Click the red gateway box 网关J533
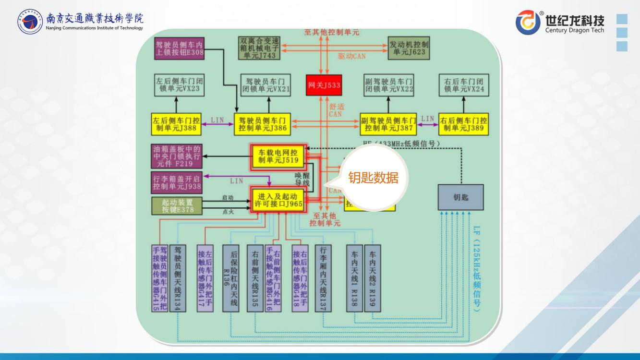(324, 85)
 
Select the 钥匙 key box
(460, 197)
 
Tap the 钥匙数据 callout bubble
(373, 178)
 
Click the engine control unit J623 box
(408, 48)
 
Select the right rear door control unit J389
(463, 124)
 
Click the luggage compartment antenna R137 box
(323, 278)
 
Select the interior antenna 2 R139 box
(372, 278)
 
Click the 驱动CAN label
(351, 56)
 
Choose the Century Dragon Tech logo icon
(528, 23)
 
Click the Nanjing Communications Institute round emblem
(30, 22)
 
